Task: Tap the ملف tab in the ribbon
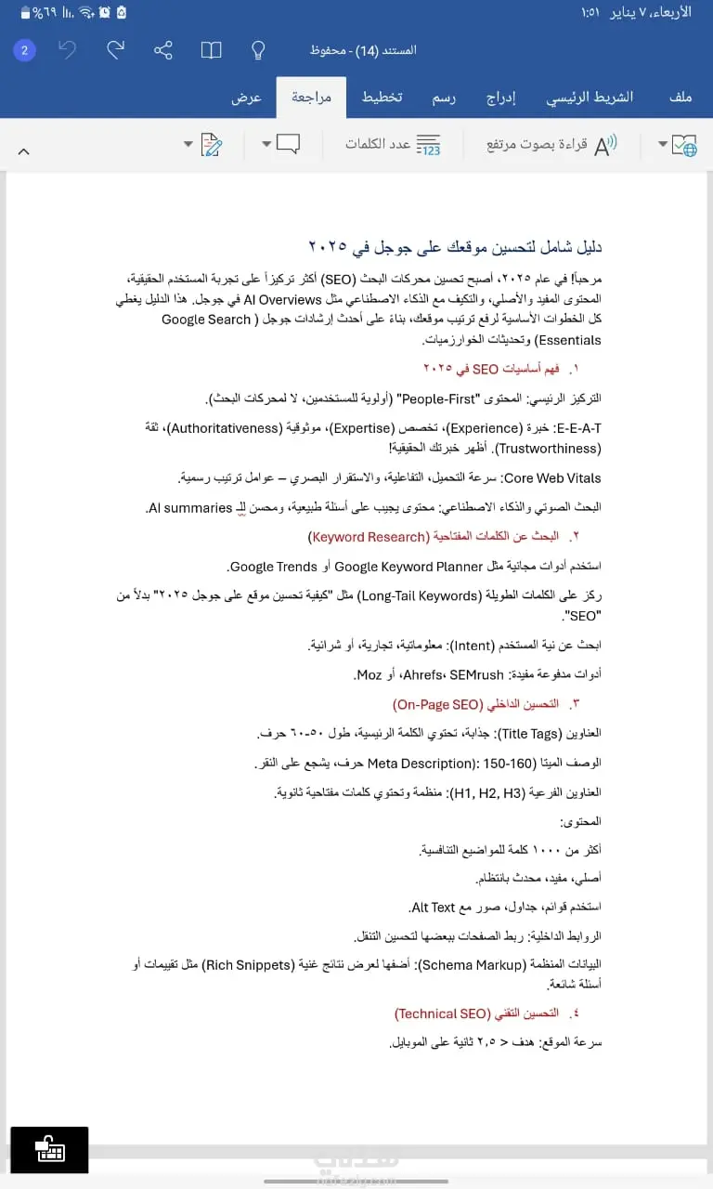click(x=681, y=98)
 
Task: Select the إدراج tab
click(x=501, y=98)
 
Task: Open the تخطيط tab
click(x=382, y=98)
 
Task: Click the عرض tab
click(x=246, y=98)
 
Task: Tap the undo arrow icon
click(x=68, y=50)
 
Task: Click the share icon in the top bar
click(x=163, y=50)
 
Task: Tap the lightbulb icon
click(x=259, y=50)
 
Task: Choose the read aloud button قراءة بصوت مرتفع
click(x=551, y=145)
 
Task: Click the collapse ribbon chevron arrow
click(x=24, y=150)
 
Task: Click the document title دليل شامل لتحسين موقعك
click(x=455, y=247)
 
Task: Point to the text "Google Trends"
click(x=274, y=567)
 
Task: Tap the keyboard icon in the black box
click(x=49, y=1150)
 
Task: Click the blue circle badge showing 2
click(x=24, y=50)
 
